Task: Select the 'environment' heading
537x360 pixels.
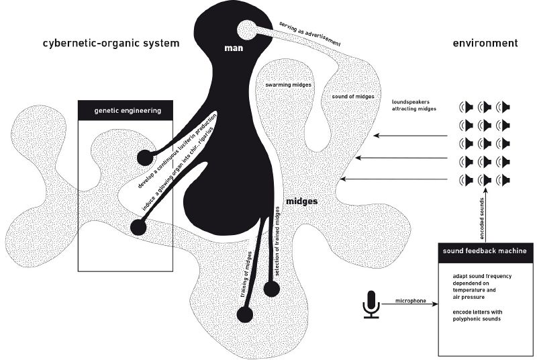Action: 485,44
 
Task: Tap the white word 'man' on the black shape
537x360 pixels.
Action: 234,49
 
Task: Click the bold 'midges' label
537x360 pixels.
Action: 301,201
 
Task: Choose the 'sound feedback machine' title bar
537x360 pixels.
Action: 484,251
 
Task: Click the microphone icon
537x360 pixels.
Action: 371,304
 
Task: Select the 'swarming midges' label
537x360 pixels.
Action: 287,87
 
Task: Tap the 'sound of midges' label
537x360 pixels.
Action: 352,97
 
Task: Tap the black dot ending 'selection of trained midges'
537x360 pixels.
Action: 271,289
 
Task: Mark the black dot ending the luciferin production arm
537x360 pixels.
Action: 144,158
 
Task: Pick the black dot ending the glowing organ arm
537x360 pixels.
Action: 138,227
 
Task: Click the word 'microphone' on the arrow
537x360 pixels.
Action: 411,301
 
